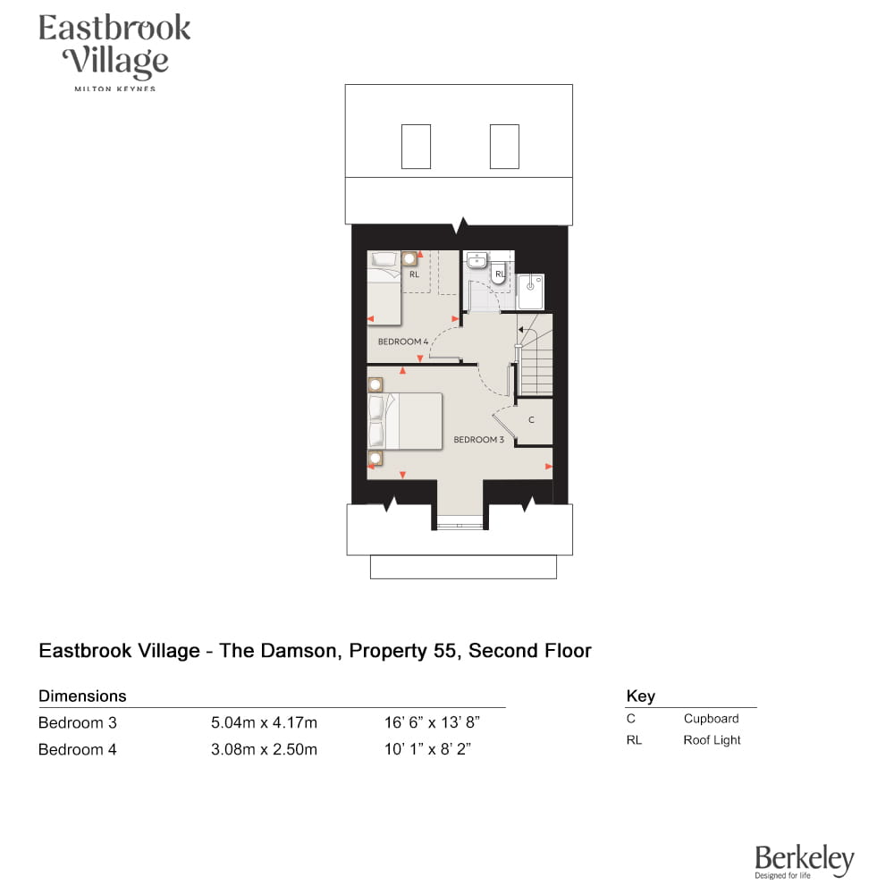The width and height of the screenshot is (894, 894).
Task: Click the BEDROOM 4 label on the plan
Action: click(x=402, y=342)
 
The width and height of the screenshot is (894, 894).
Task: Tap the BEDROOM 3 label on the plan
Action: click(x=478, y=440)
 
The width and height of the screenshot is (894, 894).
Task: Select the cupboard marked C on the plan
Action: click(x=535, y=421)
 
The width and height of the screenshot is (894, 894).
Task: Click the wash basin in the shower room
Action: click(x=477, y=260)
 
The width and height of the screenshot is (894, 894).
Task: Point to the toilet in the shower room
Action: click(x=499, y=273)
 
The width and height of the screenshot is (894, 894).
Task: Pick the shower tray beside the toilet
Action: click(x=530, y=292)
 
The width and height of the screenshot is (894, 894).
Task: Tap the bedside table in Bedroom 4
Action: click(x=409, y=259)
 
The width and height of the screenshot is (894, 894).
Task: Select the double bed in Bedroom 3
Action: click(x=405, y=421)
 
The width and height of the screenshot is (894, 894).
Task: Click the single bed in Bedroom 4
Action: click(x=384, y=289)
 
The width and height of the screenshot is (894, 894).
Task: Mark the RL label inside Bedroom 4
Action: click(x=415, y=274)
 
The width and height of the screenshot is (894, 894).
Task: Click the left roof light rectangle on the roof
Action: click(x=417, y=147)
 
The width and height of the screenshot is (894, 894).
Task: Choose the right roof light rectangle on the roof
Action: click(x=504, y=147)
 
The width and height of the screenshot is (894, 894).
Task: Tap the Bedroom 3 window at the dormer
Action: click(x=460, y=526)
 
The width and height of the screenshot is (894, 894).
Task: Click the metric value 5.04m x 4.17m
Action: click(x=264, y=723)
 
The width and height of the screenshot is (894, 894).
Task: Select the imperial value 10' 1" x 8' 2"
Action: click(x=427, y=749)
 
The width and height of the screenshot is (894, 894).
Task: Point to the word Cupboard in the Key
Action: click(x=711, y=719)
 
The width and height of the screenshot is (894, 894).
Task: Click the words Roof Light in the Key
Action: click(x=712, y=740)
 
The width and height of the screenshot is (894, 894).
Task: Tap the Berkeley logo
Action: click(x=805, y=862)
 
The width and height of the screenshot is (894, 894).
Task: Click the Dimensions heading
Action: click(x=82, y=696)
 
